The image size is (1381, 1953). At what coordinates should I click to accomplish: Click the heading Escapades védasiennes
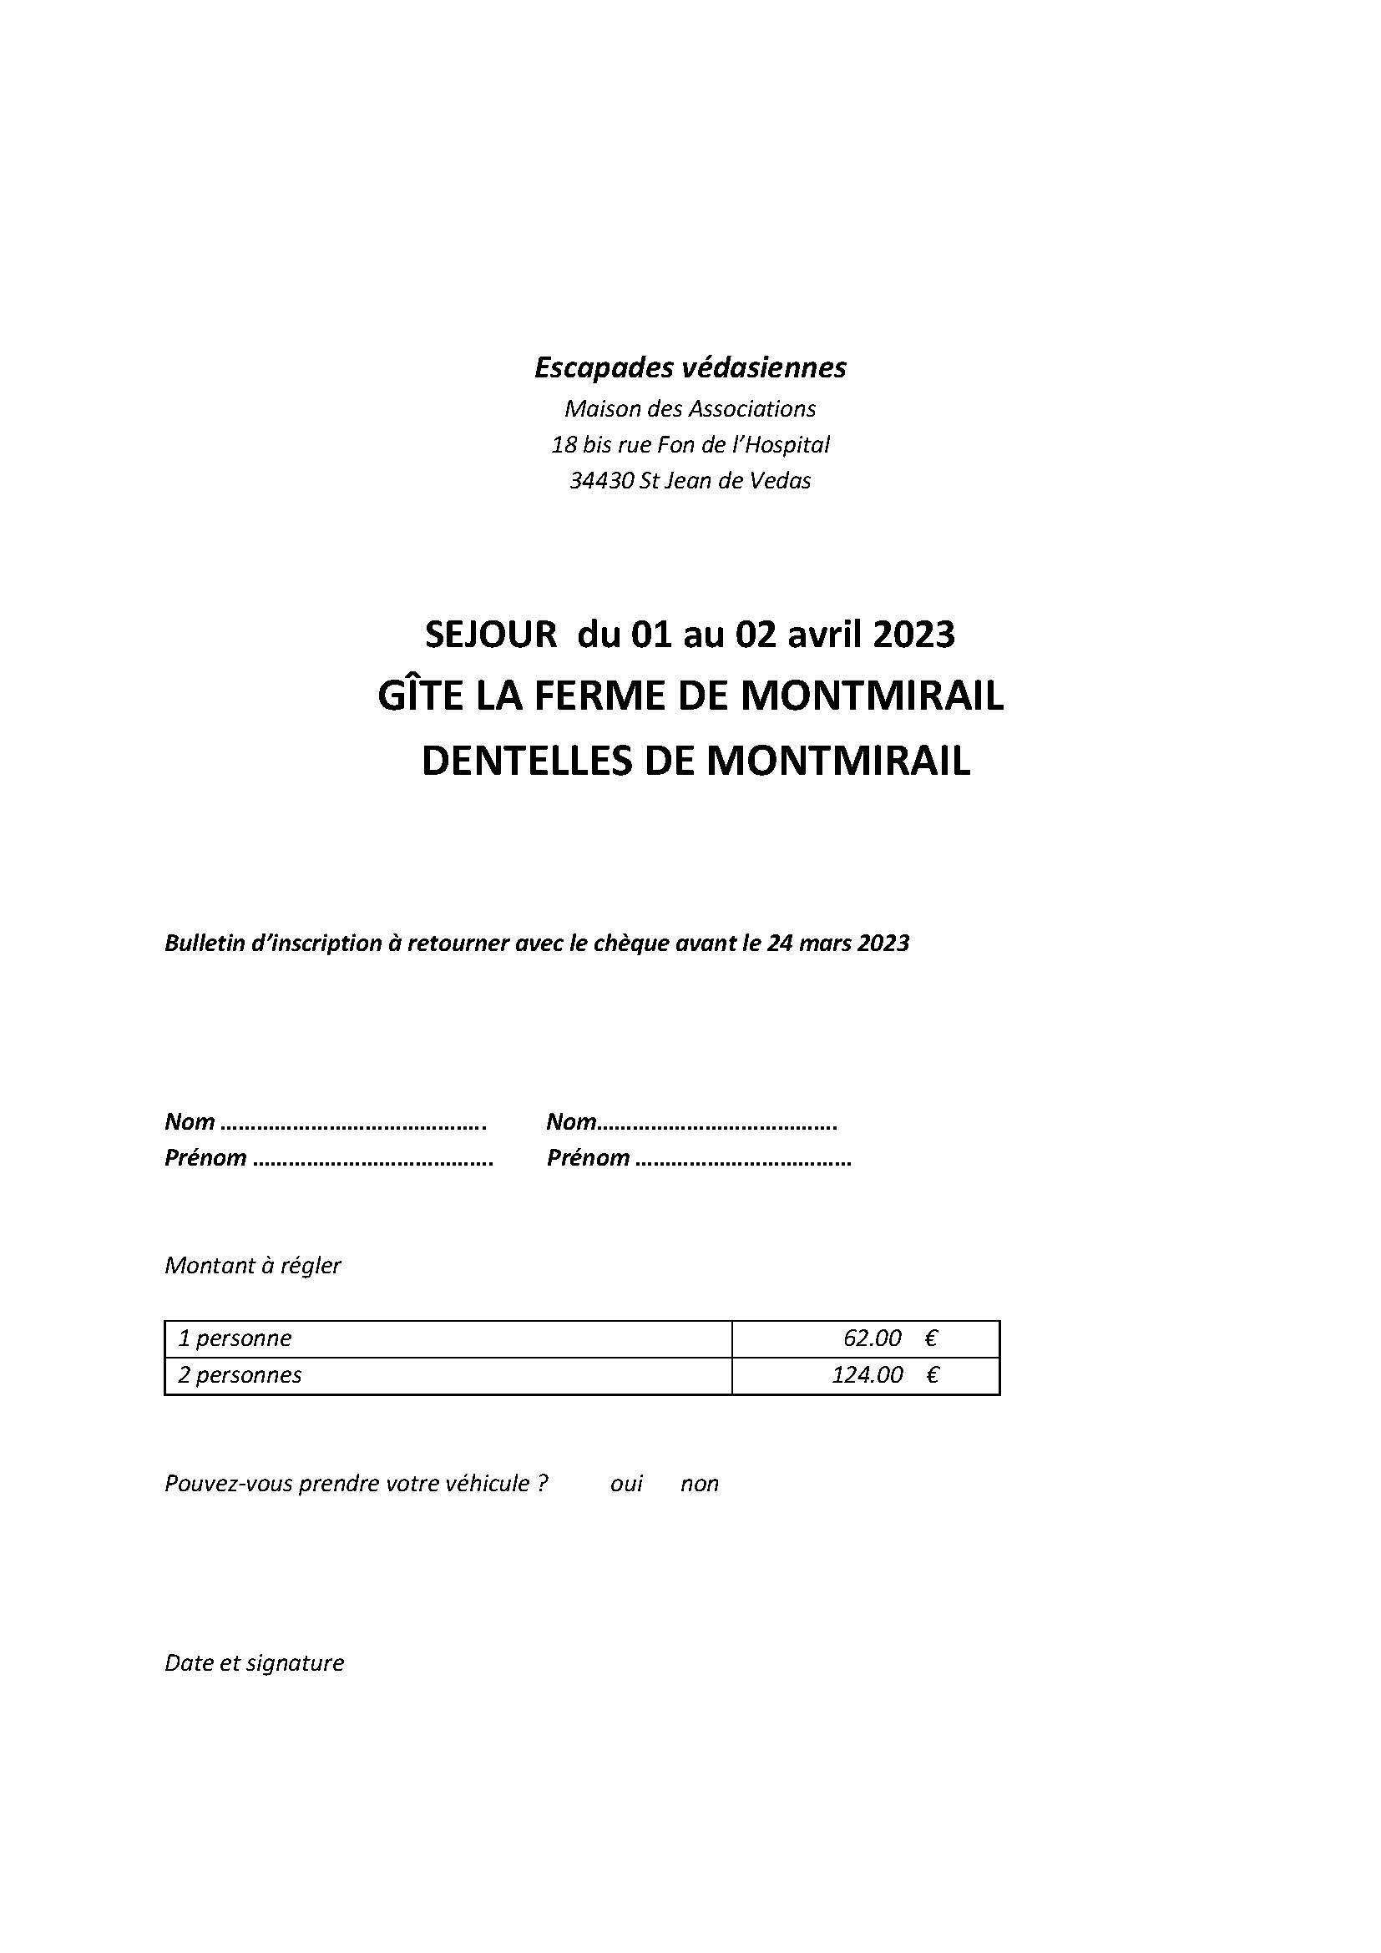pyautogui.click(x=690, y=367)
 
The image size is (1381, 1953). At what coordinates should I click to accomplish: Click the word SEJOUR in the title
pyautogui.click(x=491, y=635)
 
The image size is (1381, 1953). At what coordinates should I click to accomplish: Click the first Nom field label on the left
pyautogui.click(x=190, y=1122)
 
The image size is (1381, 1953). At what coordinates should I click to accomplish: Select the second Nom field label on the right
pyautogui.click(x=571, y=1122)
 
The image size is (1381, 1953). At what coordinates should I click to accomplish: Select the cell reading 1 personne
pyautogui.click(x=235, y=1338)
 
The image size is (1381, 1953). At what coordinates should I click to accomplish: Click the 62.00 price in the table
pyautogui.click(x=872, y=1338)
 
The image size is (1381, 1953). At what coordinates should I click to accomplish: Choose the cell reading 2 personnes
pyautogui.click(x=240, y=1375)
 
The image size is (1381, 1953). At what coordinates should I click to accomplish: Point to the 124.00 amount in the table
pyautogui.click(x=867, y=1375)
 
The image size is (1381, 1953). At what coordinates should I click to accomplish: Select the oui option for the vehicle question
pyautogui.click(x=627, y=1485)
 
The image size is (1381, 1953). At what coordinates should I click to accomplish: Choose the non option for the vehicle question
pyautogui.click(x=699, y=1485)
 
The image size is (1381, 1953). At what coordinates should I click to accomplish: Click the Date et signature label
pyautogui.click(x=255, y=1663)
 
